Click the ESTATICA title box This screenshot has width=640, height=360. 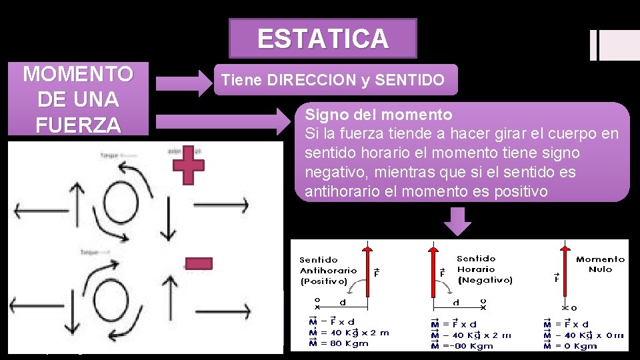[323, 39]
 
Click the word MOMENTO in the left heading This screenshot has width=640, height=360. [77, 73]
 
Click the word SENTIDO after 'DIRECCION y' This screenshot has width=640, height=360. [410, 81]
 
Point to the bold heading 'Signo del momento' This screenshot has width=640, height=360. [379, 115]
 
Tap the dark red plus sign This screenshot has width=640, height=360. [189, 165]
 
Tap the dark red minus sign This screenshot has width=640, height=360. [198, 264]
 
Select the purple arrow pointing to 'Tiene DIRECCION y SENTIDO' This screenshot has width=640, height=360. [183, 83]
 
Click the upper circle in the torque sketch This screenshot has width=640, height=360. [123, 199]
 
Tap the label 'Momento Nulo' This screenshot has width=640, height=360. [600, 264]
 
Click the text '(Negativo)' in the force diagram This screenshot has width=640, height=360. [485, 279]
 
